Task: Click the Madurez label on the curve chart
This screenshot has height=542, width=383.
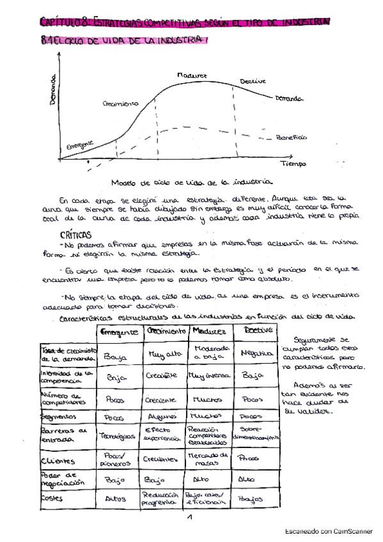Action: (x=192, y=75)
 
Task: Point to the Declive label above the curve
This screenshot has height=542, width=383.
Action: (x=253, y=81)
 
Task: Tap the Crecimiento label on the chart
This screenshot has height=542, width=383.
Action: (x=120, y=103)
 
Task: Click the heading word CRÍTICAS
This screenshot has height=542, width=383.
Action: (x=74, y=234)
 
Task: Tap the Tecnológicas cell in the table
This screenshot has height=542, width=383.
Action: (x=118, y=436)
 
